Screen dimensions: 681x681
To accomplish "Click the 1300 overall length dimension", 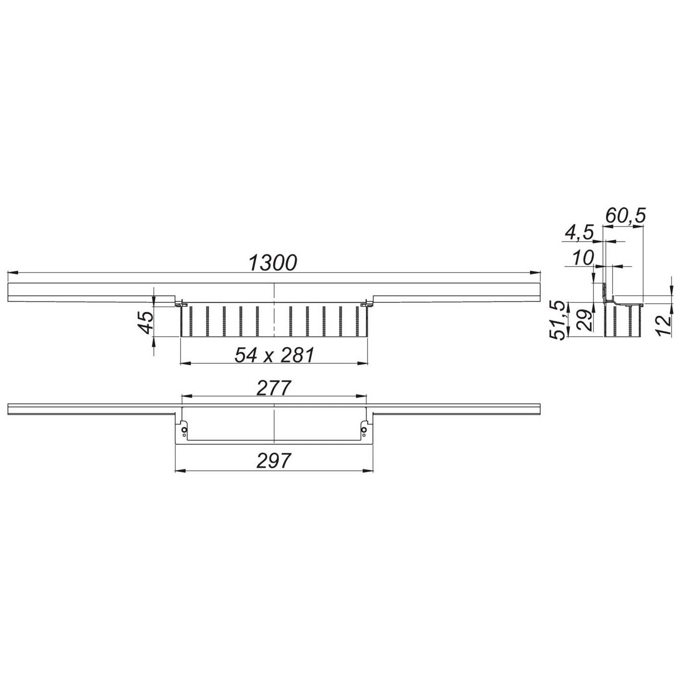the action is click(x=273, y=263).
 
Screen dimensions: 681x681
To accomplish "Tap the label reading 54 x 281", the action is click(x=274, y=355).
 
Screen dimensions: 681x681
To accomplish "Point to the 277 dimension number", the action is click(x=274, y=388).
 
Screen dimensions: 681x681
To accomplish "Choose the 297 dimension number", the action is click(x=274, y=461).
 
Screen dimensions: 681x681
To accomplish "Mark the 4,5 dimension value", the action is click(x=578, y=234).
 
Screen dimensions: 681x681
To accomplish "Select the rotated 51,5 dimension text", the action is click(x=559, y=320).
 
